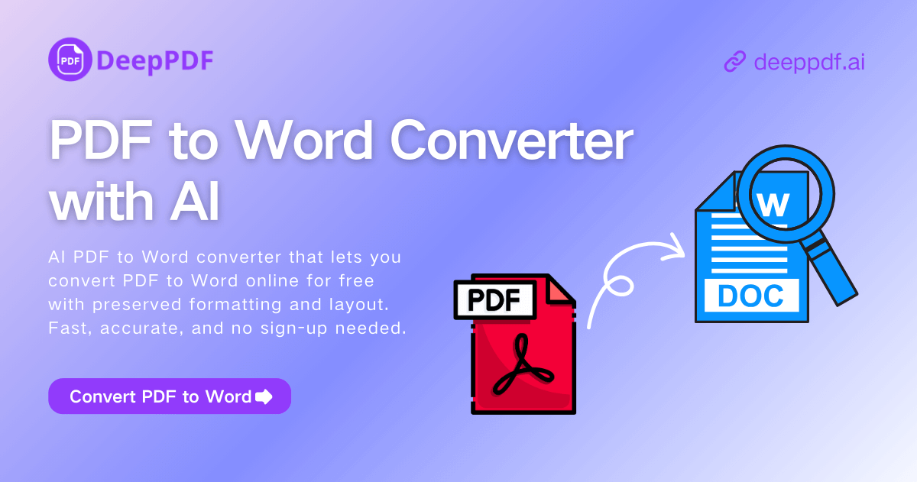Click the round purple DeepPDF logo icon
tap(70, 59)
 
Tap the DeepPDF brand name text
tap(155, 60)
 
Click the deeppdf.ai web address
tap(808, 62)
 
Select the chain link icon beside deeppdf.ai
tap(734, 62)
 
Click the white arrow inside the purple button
tap(264, 396)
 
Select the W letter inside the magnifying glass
tap(774, 204)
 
